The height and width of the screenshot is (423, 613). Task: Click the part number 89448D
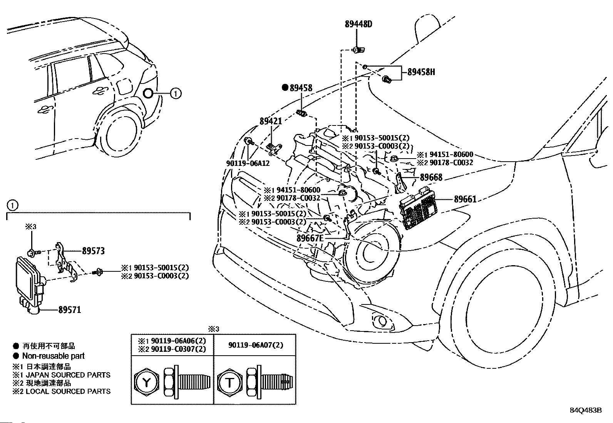pos(358,24)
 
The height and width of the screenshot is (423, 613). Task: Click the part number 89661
pos(465,199)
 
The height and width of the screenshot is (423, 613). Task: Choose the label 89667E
pos(310,238)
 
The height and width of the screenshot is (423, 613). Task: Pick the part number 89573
pos(93,251)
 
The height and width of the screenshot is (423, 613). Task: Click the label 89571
pos(70,309)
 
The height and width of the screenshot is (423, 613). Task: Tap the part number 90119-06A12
pos(248,163)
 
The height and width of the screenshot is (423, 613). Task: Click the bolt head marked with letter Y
pos(146,383)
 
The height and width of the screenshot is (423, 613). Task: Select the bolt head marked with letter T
pos(229,383)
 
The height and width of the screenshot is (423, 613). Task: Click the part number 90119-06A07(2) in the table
pos(255,345)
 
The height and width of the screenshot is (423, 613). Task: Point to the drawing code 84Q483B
pos(586,410)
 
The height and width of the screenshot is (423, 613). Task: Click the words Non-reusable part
pos(53,356)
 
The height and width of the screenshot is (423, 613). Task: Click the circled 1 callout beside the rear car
pos(175,93)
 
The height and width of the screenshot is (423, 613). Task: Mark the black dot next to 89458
pos(285,88)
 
